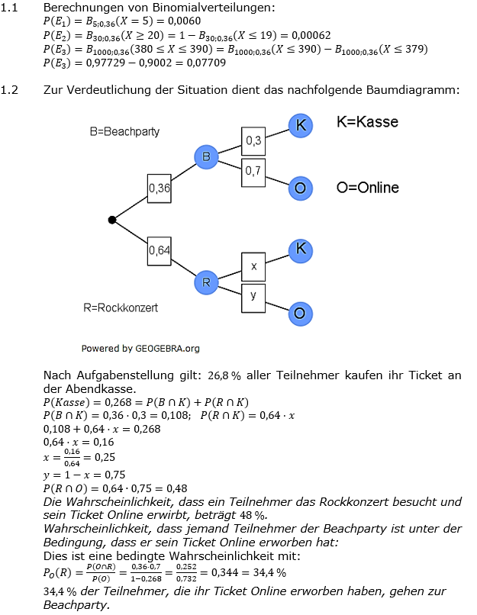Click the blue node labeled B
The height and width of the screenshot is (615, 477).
[x=206, y=157]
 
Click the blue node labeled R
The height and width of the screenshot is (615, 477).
[x=206, y=282]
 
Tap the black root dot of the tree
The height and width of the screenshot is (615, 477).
[x=112, y=220]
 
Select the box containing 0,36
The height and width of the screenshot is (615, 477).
[x=160, y=188]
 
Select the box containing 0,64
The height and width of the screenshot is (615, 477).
[x=160, y=250]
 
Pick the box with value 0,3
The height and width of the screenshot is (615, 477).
[x=253, y=140]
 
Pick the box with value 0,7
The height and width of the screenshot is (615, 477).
[x=253, y=172]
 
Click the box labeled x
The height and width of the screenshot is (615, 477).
[x=253, y=266]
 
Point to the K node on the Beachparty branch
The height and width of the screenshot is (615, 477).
[x=301, y=126]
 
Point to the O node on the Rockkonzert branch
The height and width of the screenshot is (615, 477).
[x=301, y=313]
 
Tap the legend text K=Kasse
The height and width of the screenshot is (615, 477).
[x=367, y=122]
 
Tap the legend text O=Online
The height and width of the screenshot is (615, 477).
[x=367, y=188]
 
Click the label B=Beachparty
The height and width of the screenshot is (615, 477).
[x=124, y=131]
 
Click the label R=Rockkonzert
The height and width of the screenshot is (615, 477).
[x=121, y=308]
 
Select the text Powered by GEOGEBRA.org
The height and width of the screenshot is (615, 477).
[x=140, y=349]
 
